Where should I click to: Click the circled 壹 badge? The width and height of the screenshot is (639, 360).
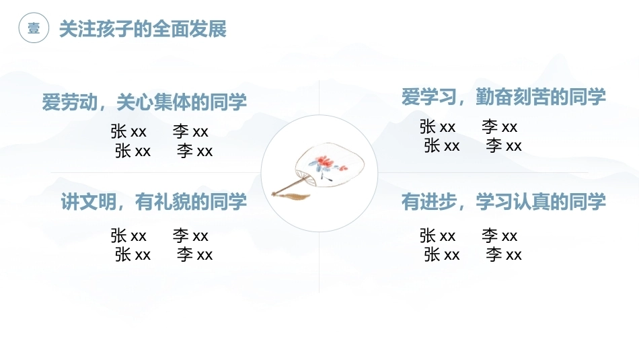[x=34, y=28]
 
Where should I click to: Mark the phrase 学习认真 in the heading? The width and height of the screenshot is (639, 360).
[x=513, y=202]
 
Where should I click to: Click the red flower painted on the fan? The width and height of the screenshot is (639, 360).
[x=325, y=162]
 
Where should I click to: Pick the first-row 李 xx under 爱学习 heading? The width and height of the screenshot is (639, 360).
[x=499, y=127]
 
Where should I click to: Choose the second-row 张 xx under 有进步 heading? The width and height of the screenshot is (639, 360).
[x=442, y=255]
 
